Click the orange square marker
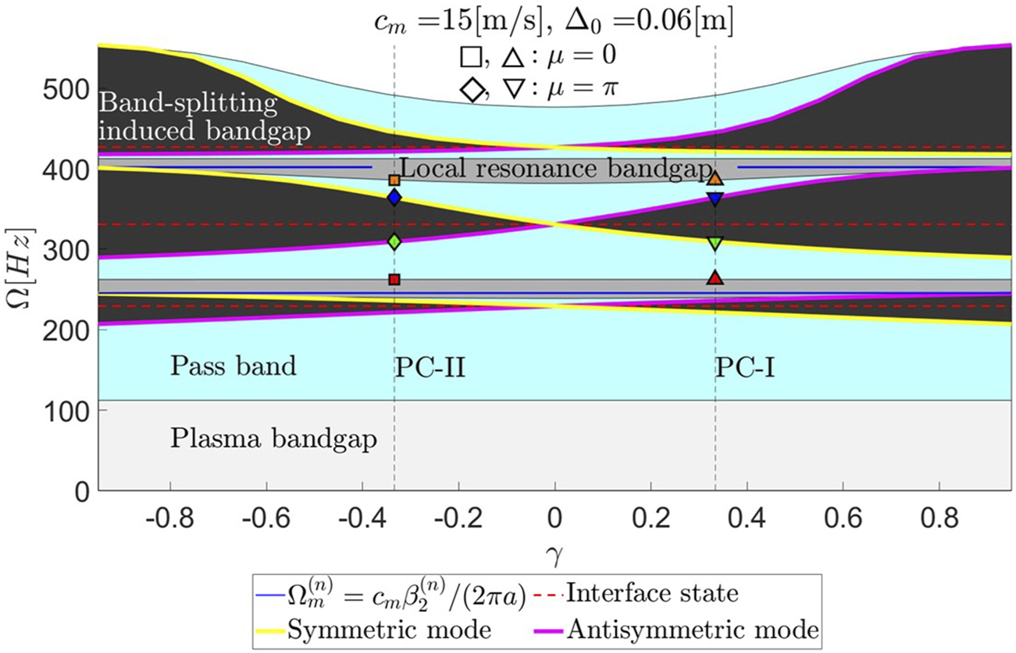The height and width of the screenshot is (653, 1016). (x=394, y=180)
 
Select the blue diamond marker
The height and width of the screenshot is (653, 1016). (x=394, y=198)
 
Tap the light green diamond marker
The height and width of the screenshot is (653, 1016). (x=394, y=242)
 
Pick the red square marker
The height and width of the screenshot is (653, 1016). (x=394, y=280)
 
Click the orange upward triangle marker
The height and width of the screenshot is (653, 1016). (x=715, y=178)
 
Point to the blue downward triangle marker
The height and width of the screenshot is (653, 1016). (x=715, y=199)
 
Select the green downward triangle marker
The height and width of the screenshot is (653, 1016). (x=715, y=243)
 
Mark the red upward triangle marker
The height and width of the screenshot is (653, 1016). (x=715, y=277)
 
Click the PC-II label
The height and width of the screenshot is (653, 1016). (x=430, y=367)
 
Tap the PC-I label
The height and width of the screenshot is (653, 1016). (x=744, y=367)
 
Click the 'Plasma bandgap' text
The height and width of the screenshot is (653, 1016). (x=273, y=439)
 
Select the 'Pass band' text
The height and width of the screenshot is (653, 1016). (x=234, y=366)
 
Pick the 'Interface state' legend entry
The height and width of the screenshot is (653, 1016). (x=651, y=594)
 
